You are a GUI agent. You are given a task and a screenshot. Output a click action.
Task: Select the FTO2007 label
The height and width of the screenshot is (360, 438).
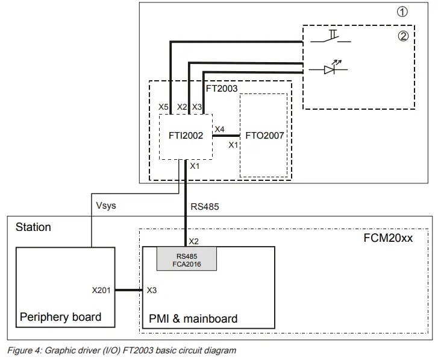point(264,136)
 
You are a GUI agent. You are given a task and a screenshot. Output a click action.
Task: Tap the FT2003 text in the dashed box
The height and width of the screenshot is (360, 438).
point(222,88)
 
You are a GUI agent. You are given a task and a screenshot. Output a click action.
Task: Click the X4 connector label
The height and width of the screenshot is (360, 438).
point(220,128)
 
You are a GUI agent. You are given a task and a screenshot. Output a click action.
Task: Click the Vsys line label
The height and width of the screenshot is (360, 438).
point(105,206)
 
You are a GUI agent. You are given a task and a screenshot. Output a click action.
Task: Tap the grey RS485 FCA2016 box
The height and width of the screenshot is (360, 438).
point(187,259)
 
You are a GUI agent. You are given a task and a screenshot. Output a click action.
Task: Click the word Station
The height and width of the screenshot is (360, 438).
point(33,227)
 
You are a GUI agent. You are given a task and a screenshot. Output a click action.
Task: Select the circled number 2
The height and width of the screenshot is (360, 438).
point(403,36)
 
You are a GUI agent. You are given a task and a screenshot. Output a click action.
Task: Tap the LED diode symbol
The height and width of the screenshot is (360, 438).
point(329,69)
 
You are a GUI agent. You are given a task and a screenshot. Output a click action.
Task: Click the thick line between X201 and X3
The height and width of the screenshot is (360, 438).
point(128,290)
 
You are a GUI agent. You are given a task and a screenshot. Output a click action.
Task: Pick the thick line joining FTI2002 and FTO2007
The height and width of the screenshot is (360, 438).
point(225,136)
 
